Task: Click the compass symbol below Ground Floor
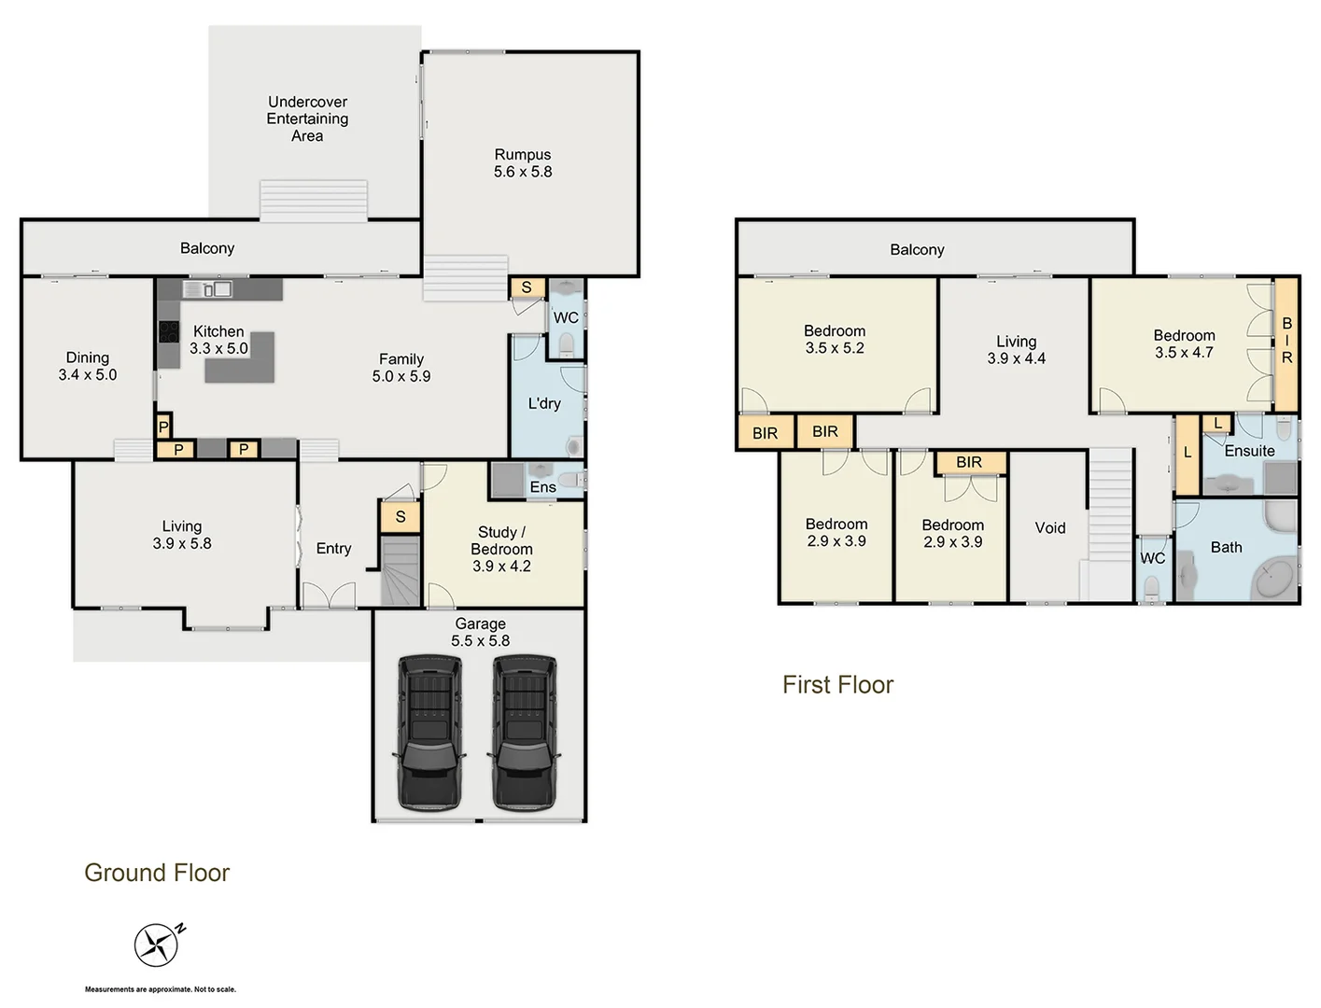[x=157, y=945]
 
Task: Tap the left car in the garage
[x=429, y=732]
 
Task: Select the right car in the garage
[x=525, y=732]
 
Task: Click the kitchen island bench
[x=241, y=358]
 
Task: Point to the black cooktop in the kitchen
[x=169, y=331]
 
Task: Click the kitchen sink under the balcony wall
[x=216, y=289]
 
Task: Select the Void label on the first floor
[x=1050, y=528]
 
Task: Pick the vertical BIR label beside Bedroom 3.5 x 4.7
[x=1286, y=341]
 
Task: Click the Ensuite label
[x=1249, y=451]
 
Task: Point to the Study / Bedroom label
[x=502, y=549]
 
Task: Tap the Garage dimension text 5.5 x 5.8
[x=481, y=641]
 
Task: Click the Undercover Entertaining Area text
[x=307, y=119]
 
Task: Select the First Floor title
[x=837, y=685]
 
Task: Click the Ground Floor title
[x=157, y=873]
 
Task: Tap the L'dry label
[x=544, y=403]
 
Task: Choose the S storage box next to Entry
[x=401, y=516]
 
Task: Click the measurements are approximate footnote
[x=161, y=989]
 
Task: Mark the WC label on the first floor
[x=1153, y=558]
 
